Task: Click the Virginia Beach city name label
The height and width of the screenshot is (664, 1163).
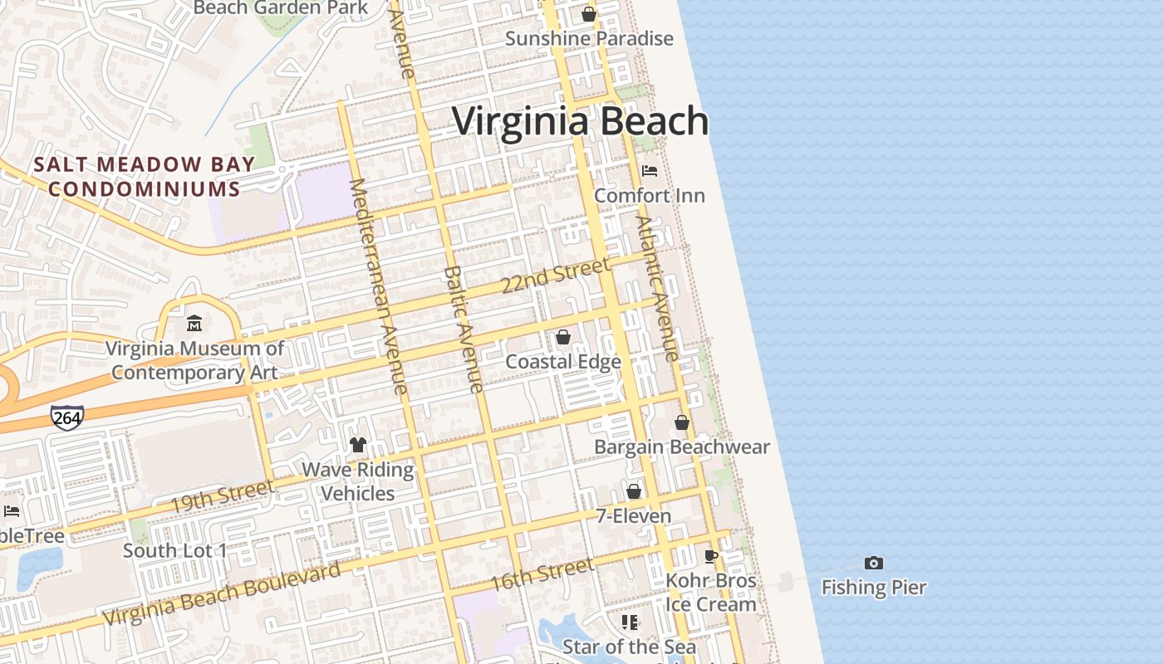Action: click(580, 121)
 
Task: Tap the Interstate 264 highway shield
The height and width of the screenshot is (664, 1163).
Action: click(66, 417)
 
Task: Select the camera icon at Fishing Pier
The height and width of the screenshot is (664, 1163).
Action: click(873, 563)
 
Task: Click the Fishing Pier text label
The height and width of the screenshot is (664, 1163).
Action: click(873, 588)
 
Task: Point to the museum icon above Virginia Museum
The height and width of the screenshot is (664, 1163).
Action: click(194, 323)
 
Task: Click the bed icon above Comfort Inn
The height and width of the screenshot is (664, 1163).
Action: click(650, 171)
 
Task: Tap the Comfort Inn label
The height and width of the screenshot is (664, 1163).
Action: click(650, 196)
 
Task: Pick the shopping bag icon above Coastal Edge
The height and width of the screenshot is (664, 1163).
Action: click(563, 336)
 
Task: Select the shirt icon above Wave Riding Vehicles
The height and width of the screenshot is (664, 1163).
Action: click(358, 445)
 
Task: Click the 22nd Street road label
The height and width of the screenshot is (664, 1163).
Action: click(555, 276)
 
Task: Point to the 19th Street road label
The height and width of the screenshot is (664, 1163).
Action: click(221, 496)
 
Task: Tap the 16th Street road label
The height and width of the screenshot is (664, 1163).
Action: click(542, 574)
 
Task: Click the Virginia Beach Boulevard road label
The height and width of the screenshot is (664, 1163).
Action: click(223, 594)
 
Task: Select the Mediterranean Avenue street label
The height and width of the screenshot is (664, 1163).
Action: click(379, 286)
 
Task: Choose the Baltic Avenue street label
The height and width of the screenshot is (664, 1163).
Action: click(464, 329)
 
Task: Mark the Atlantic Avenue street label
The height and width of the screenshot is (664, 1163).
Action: click(658, 288)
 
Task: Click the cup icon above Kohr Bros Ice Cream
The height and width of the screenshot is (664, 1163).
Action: click(710, 555)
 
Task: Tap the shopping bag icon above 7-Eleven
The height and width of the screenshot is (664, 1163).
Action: click(634, 491)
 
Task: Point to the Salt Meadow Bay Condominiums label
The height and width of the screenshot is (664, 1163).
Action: click(137, 177)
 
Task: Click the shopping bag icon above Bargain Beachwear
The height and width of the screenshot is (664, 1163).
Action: click(682, 422)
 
